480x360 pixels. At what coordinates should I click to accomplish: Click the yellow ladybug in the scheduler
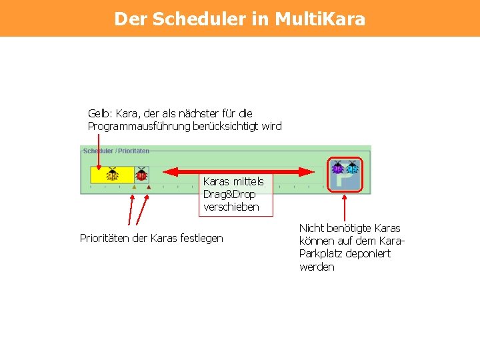(112, 175)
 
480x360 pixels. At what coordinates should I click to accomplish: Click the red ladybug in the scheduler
(141, 175)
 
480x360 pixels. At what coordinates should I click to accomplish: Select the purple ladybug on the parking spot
(337, 167)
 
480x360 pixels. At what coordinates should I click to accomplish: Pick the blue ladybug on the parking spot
(352, 167)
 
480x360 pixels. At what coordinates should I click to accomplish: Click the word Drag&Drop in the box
(229, 194)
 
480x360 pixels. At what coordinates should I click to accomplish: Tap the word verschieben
(231, 207)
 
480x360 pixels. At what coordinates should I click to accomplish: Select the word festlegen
(201, 238)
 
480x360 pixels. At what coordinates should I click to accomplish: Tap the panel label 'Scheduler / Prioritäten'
(116, 151)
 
